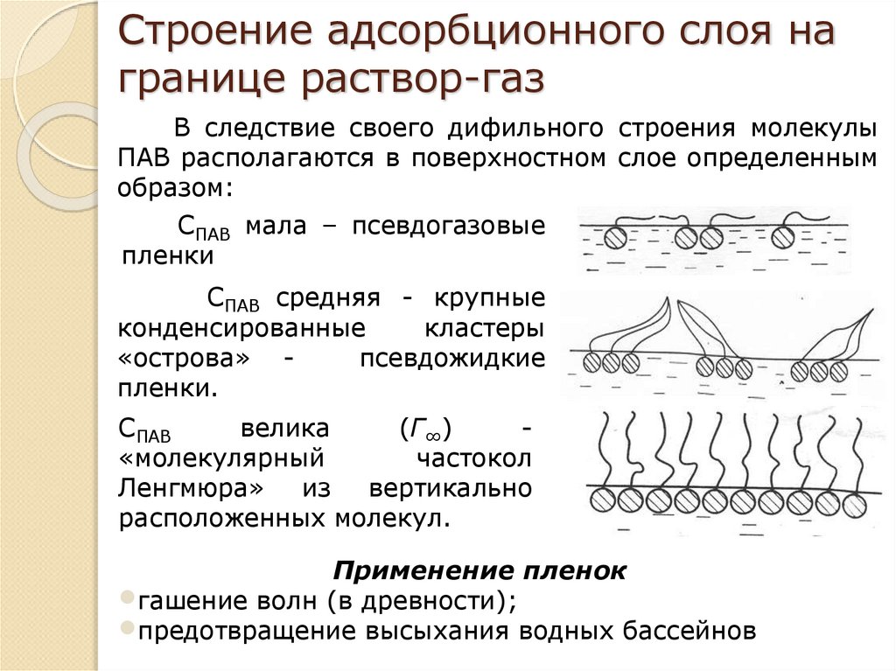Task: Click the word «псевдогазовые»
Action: coord(449,226)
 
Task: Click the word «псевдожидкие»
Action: coord(452,360)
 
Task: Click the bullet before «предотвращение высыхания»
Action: coord(127,627)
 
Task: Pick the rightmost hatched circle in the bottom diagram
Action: coord(854,501)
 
